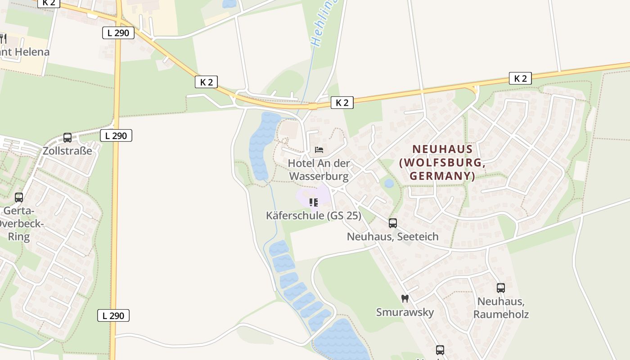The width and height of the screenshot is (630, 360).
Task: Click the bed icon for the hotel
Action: click(x=319, y=149)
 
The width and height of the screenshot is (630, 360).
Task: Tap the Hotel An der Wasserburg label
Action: click(x=319, y=170)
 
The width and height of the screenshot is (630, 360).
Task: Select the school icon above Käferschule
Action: click(x=314, y=202)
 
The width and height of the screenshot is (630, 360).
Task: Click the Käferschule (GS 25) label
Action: click(x=314, y=216)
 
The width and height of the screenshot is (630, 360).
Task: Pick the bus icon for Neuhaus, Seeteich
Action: click(x=393, y=223)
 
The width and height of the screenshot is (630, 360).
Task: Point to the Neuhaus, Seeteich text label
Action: click(x=392, y=236)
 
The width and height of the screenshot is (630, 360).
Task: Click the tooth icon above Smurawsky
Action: click(x=405, y=298)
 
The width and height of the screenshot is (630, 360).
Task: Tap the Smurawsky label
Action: click(x=405, y=312)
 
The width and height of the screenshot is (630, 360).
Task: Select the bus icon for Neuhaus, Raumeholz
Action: click(x=501, y=288)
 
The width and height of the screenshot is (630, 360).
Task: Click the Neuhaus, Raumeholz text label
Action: click(x=501, y=307)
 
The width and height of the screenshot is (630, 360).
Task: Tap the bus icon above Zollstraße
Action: click(x=67, y=138)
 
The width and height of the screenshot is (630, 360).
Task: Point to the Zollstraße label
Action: click(x=67, y=151)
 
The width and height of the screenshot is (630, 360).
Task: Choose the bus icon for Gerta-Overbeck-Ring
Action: click(x=19, y=197)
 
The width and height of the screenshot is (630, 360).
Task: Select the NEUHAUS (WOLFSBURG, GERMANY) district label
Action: click(x=443, y=162)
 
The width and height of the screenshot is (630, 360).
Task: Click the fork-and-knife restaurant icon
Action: click(x=3, y=39)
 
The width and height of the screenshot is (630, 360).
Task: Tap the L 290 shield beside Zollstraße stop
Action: click(x=116, y=135)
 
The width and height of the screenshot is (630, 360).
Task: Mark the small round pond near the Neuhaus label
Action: click(x=389, y=184)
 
